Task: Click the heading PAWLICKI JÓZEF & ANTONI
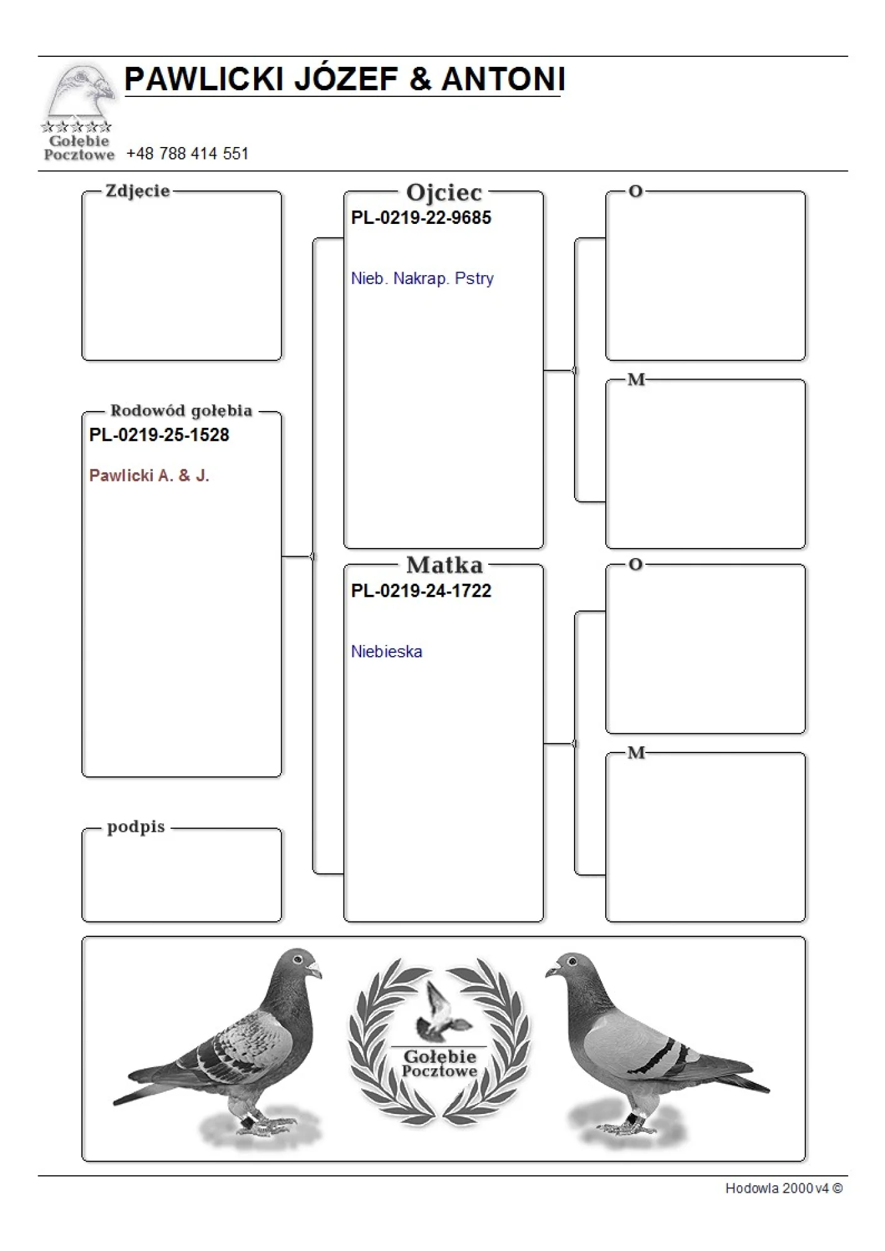(x=344, y=79)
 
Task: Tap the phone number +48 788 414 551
(x=187, y=153)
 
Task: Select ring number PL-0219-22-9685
(x=421, y=218)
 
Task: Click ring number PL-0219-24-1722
(x=421, y=590)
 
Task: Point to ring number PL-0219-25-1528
(x=159, y=435)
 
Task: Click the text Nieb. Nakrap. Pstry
(x=422, y=278)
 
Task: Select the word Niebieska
(x=386, y=651)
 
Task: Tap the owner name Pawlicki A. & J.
(x=149, y=475)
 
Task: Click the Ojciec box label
(x=444, y=192)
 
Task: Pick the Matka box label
(x=444, y=565)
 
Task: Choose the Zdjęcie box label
(x=138, y=191)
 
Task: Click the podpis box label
(x=136, y=826)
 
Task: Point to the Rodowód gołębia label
(x=181, y=410)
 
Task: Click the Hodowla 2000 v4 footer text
(x=783, y=1188)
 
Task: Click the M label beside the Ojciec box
(x=636, y=380)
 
